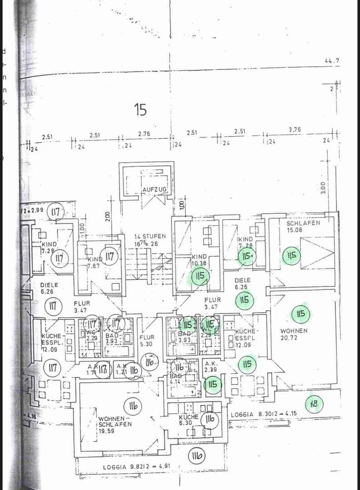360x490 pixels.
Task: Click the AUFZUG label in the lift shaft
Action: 155,190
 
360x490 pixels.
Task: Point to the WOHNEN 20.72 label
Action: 294,334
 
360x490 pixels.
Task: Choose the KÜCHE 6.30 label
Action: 186,420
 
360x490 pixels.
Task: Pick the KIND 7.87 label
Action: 94,262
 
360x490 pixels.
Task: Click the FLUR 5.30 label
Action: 147,340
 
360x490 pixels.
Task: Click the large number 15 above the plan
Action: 140,109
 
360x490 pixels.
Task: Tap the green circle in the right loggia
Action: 314,404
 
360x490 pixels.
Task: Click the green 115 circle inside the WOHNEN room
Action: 301,314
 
